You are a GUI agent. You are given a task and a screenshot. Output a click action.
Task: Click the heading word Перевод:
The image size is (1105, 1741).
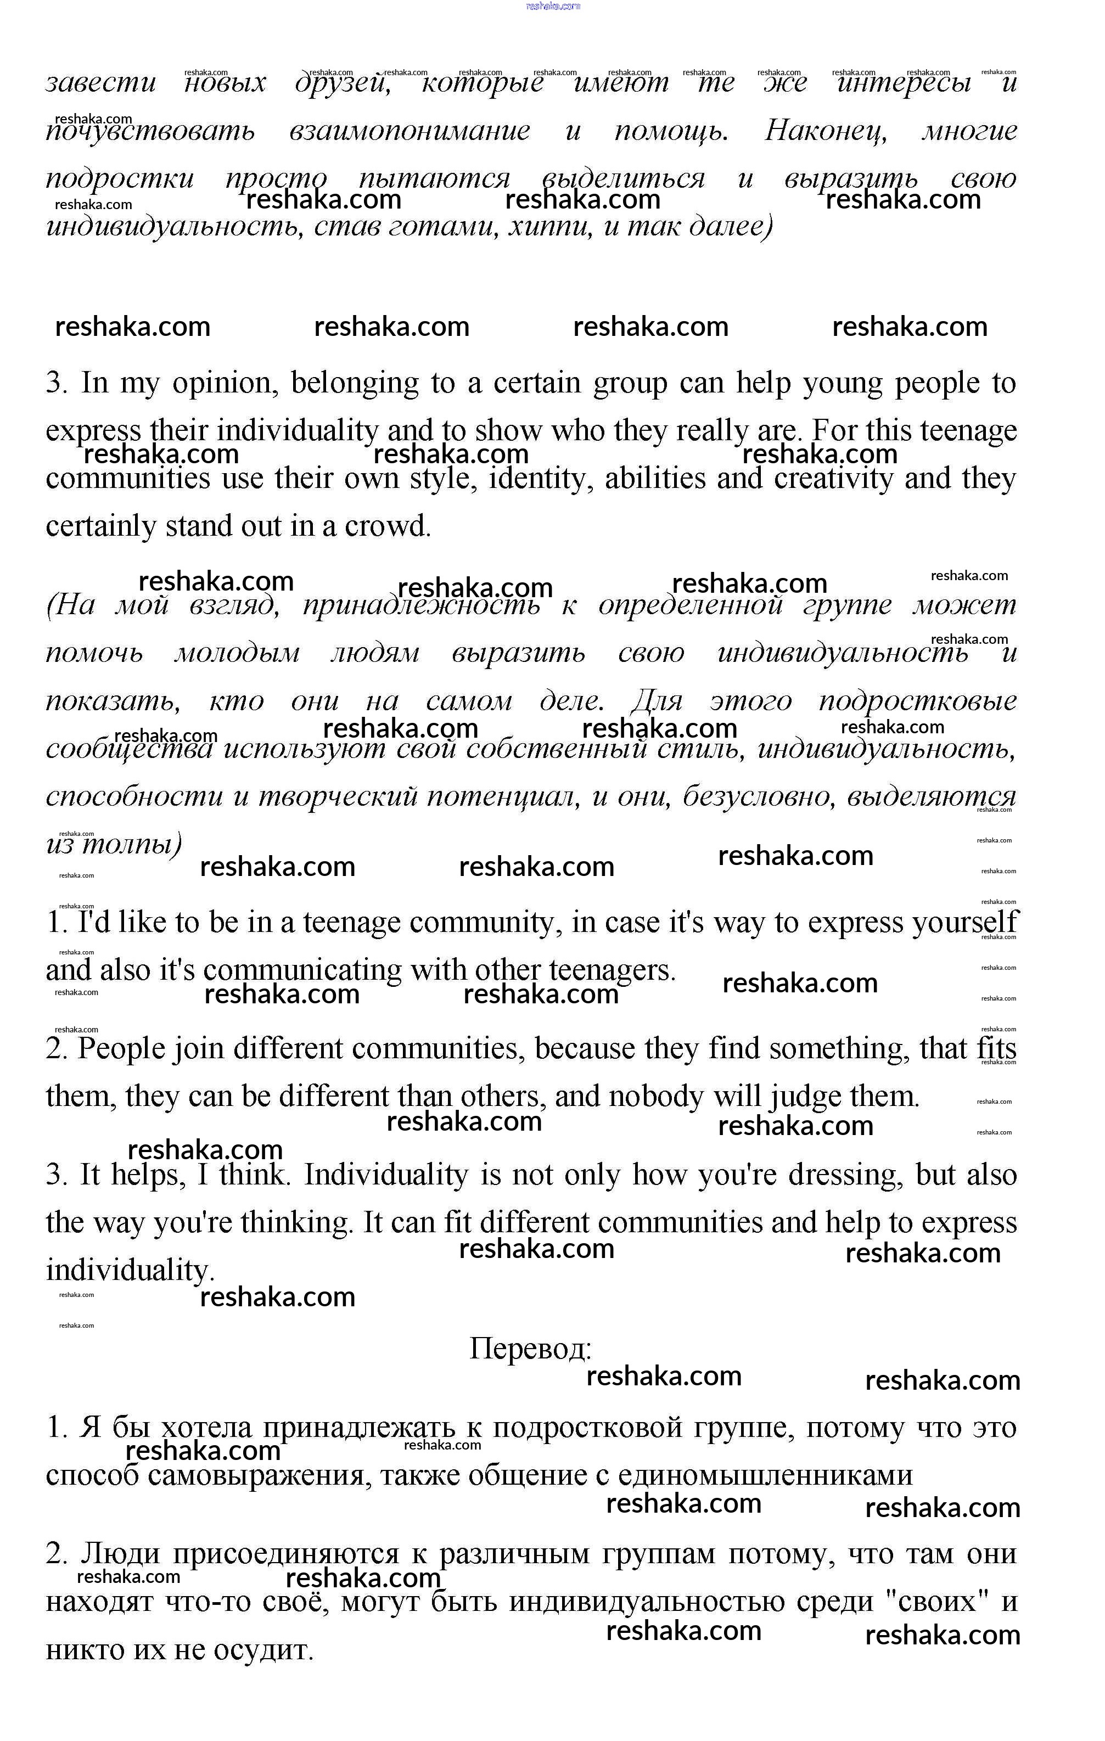(x=530, y=1349)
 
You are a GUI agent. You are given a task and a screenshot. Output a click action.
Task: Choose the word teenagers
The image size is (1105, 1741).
(x=612, y=970)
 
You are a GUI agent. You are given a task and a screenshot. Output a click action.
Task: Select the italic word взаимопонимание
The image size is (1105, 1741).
(x=410, y=131)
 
